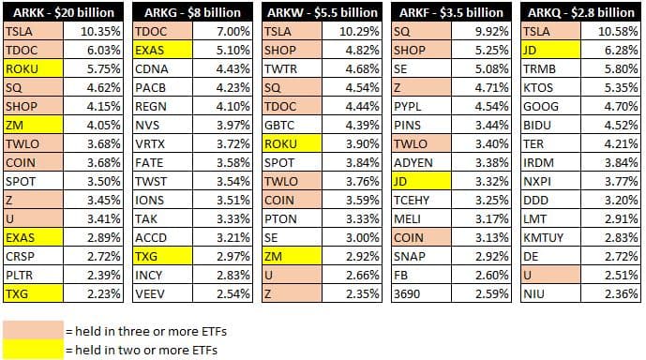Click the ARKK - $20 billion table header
click(65, 12)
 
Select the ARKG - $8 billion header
click(193, 12)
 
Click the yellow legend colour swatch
click(31, 349)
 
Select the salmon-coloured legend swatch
click(31, 330)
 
